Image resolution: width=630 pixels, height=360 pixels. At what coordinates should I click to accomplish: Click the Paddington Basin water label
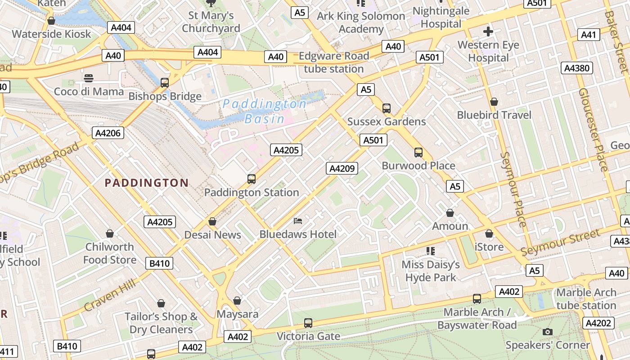[x=265, y=111]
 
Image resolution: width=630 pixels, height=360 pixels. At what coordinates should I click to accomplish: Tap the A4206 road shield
[x=108, y=133]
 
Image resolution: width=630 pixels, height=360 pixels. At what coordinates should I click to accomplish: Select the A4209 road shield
[x=342, y=168]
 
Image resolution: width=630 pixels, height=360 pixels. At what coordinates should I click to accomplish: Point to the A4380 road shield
[x=577, y=68]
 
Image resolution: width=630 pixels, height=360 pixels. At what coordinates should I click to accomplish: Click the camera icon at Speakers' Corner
[x=547, y=332]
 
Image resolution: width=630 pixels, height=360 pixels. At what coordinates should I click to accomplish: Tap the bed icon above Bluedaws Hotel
[x=298, y=220]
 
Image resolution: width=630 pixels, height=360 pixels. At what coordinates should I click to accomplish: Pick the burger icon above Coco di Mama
[x=89, y=78]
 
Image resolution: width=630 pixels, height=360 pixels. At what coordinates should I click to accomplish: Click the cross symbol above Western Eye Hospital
[x=488, y=31]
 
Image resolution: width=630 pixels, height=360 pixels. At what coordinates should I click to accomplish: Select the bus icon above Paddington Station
[x=252, y=179]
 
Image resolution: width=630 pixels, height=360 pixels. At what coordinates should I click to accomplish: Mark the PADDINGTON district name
[x=146, y=183]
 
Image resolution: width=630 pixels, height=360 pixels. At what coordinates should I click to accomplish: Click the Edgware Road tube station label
[x=334, y=63]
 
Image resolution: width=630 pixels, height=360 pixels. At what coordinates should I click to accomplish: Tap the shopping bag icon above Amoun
[x=450, y=213]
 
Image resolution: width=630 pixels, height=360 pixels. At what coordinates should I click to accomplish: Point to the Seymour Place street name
[x=513, y=189]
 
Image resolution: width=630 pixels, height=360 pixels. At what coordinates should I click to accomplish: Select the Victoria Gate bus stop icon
[x=308, y=323]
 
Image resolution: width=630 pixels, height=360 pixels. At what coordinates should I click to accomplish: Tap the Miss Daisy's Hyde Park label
[x=431, y=271]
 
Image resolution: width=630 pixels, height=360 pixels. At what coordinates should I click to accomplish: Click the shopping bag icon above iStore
[x=489, y=234]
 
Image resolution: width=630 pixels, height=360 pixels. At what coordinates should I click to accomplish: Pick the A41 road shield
[x=589, y=35]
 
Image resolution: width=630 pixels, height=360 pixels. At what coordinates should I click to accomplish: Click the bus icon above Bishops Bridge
[x=165, y=83]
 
